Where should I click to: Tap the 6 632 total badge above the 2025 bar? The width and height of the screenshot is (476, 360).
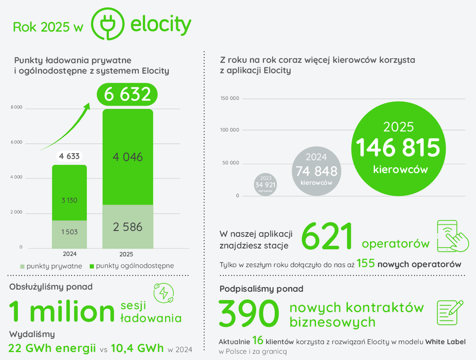point(127,94)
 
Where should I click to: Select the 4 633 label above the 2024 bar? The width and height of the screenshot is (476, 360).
point(69,156)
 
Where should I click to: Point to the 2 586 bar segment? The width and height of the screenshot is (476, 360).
point(127,227)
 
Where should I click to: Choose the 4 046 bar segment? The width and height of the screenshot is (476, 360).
point(127,157)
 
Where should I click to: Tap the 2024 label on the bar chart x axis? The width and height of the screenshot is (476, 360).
point(69,254)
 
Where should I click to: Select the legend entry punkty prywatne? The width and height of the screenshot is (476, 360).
point(52,266)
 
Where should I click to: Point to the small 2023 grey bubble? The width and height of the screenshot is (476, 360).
point(265,184)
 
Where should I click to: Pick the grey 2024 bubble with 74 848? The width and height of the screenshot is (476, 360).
point(317,170)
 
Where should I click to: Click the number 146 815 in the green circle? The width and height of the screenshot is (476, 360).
point(398,148)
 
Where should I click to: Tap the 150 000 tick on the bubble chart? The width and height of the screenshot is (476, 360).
point(230,98)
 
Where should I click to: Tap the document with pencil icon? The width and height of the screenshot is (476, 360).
point(450,313)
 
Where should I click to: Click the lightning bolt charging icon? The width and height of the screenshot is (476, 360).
point(163,293)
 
